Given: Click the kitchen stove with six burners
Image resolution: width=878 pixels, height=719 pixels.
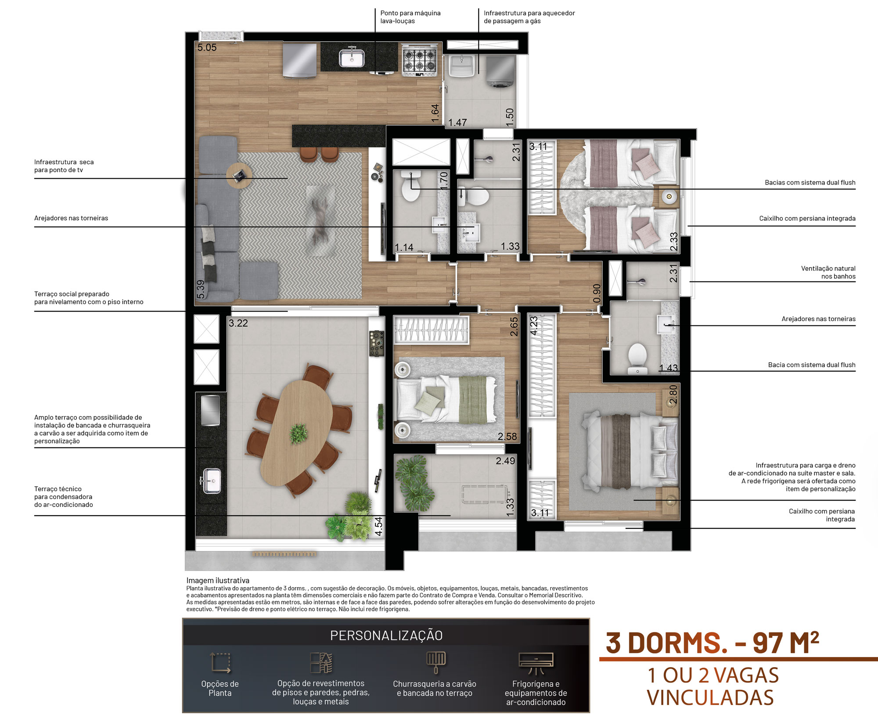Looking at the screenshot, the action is click(420, 61).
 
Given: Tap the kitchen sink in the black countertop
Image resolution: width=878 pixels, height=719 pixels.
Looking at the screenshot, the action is click(352, 57).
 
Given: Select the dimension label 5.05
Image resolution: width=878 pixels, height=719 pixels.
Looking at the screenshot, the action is click(207, 47).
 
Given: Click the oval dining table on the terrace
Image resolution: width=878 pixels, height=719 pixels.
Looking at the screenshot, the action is click(296, 433).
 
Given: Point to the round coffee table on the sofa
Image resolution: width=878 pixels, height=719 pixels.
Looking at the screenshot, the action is click(239, 175).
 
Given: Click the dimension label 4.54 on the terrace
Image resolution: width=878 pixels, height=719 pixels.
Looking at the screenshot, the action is click(378, 526).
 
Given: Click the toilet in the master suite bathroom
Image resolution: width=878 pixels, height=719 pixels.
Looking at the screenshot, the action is click(637, 356).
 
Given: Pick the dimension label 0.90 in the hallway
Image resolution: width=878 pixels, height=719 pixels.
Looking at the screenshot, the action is click(597, 293).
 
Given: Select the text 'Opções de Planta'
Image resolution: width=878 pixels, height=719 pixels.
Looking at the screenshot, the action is click(220, 688).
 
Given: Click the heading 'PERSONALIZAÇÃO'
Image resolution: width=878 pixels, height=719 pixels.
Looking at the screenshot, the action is click(386, 635).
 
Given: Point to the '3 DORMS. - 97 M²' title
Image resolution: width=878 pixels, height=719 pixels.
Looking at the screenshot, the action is click(712, 643).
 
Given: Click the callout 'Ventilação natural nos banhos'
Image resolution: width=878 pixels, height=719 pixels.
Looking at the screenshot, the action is click(828, 272).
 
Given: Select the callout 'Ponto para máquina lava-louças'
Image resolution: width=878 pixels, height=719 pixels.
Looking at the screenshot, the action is click(410, 17).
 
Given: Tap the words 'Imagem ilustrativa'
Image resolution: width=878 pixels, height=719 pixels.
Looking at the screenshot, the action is click(218, 580).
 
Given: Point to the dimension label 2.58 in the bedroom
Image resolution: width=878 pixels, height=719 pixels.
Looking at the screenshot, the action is click(507, 437).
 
